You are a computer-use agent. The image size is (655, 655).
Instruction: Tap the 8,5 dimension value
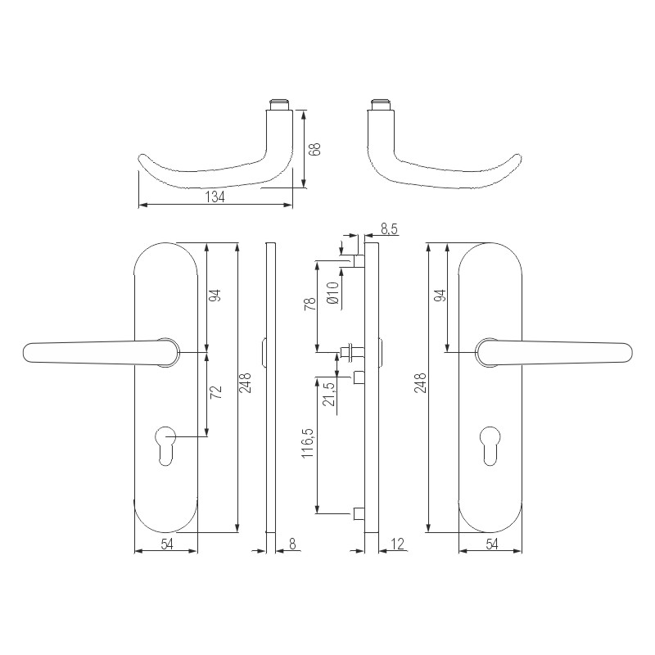pos(389,230)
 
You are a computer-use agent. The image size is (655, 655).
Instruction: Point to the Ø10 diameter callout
pos(332,292)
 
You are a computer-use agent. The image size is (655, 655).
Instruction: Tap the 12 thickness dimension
pos(397,543)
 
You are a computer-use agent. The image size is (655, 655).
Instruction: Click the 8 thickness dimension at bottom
pos(293,543)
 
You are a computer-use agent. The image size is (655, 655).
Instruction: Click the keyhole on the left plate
pos(165,442)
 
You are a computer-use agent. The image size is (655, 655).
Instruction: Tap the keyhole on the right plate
pos(490,442)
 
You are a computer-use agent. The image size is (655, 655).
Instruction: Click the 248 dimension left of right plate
pos(421,383)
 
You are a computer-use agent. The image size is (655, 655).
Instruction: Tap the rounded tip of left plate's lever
pos(28,352)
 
